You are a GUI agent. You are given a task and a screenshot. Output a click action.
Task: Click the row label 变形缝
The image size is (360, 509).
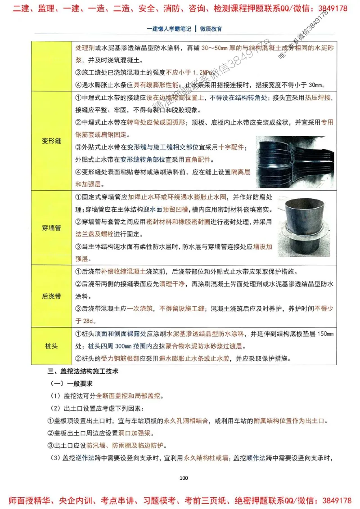(51, 141)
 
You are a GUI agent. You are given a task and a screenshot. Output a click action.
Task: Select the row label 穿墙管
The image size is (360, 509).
(51, 228)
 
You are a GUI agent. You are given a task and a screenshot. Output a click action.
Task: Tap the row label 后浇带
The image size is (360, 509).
(51, 296)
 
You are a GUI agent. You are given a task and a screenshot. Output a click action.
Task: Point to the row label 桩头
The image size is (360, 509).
(51, 346)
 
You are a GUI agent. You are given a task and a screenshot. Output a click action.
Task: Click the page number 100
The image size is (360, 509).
(183, 478)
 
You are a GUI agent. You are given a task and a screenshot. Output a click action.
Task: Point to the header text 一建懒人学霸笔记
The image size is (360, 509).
(169, 29)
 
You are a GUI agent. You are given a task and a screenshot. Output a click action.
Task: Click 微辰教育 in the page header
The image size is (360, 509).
(211, 29)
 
